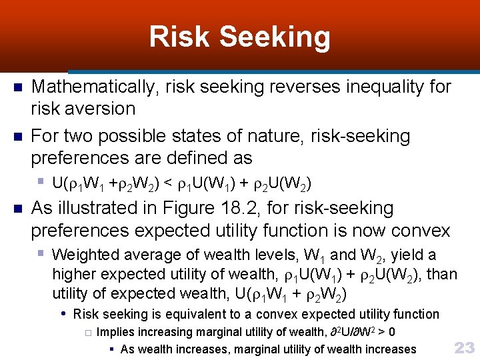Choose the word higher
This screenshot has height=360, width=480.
click(73, 274)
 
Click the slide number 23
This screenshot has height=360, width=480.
click(463, 347)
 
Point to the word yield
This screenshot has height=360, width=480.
click(408, 255)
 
